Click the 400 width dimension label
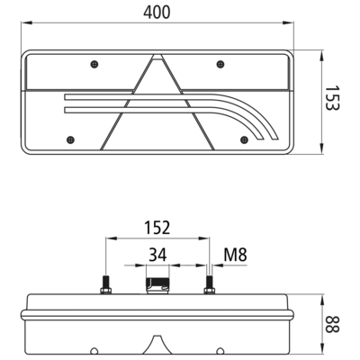pyautogui.click(x=157, y=13)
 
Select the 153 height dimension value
pyautogui.click(x=332, y=98)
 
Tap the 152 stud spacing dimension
pyautogui.click(x=157, y=228)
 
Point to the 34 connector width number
pyautogui.click(x=157, y=256)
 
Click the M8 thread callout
pyautogui.click(x=235, y=256)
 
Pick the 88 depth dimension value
pyautogui.click(x=332, y=324)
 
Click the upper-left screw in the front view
pyautogui.click(x=94, y=64)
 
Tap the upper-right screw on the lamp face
pyautogui.click(x=220, y=64)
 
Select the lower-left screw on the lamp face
pyautogui.click(x=70, y=139)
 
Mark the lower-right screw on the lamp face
pyautogui.click(x=245, y=139)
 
